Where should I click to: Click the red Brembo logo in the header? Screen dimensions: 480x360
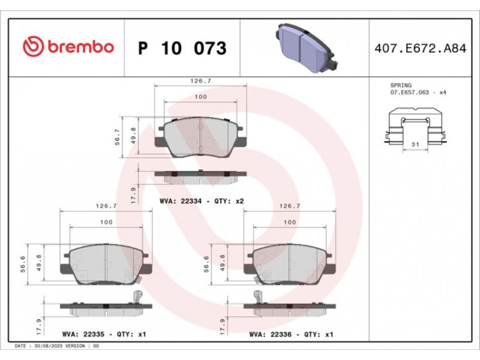coord(68,47)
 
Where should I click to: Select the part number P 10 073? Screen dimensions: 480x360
coord(182,48)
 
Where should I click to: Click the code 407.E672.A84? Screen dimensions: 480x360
coord(421,49)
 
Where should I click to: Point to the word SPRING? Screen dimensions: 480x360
coord(401,85)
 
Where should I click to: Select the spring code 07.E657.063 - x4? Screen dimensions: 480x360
coord(418,92)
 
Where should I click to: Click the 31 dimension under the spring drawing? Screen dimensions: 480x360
coord(415,144)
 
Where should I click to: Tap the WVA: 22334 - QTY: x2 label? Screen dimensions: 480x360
coord(202,201)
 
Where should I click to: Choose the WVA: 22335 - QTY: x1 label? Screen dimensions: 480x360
coord(104,334)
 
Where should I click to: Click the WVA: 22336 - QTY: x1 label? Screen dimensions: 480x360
coord(291,334)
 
